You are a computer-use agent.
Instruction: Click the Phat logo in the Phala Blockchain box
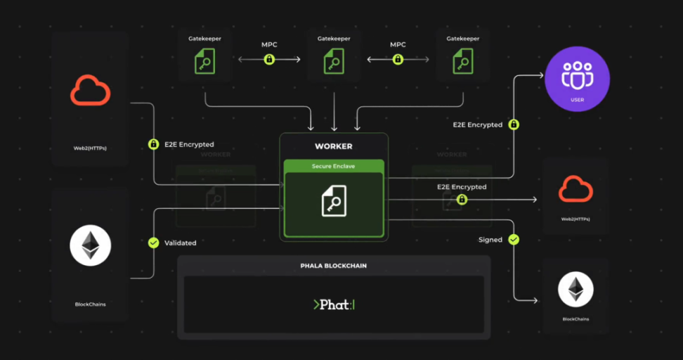click(334, 304)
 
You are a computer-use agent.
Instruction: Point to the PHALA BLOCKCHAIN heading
click(334, 266)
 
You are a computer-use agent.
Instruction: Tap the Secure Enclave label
click(334, 166)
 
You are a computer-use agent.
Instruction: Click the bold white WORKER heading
click(334, 146)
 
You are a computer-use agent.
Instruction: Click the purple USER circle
click(577, 79)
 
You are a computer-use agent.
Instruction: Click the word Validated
click(181, 243)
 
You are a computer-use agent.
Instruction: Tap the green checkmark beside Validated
click(153, 243)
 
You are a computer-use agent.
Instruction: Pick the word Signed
click(490, 240)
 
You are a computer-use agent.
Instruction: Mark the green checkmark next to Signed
click(514, 240)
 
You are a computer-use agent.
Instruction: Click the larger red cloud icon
click(90, 91)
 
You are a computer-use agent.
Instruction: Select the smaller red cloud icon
click(575, 190)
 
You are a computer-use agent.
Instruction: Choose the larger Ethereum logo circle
click(90, 246)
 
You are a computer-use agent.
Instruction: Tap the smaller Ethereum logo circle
click(575, 290)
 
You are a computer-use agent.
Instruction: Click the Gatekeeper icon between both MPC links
click(334, 61)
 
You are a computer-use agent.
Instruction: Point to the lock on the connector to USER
click(514, 124)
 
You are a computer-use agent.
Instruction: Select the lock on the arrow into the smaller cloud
click(462, 200)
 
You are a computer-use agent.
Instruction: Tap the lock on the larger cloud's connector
click(153, 144)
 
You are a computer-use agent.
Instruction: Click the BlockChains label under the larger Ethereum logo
click(90, 304)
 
